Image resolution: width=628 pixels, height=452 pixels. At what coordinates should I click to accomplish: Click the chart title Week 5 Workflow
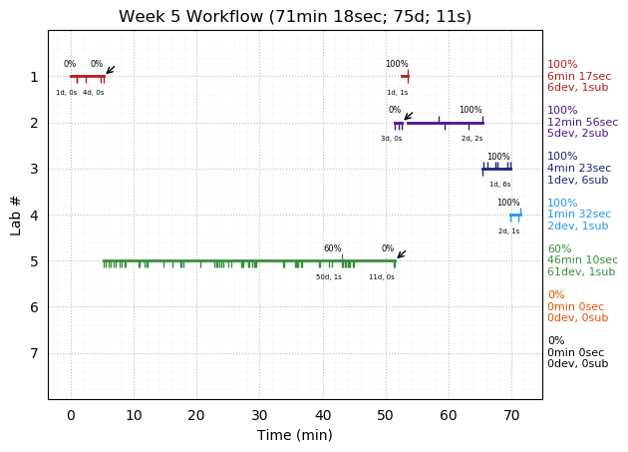tap(295, 16)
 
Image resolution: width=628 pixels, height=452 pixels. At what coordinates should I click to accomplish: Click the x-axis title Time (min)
tap(295, 435)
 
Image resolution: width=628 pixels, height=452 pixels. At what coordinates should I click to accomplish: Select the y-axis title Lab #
tap(16, 215)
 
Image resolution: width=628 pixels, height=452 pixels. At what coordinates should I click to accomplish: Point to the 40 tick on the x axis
tap(322, 399)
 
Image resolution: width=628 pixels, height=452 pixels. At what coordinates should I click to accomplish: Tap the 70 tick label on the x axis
tap(511, 415)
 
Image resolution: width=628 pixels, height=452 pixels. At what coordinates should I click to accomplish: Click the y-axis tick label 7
tap(34, 353)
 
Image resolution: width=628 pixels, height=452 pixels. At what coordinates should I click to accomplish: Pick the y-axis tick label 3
tap(34, 169)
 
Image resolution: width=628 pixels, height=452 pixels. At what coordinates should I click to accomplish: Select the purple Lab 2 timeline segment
tap(445, 123)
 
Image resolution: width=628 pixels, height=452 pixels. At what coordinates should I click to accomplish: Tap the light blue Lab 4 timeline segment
tap(514, 215)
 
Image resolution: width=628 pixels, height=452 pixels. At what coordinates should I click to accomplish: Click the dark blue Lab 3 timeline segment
tap(496, 169)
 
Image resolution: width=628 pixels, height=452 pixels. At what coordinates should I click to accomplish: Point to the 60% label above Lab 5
tap(332, 248)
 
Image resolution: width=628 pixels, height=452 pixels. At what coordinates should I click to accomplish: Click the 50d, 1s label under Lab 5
tap(329, 277)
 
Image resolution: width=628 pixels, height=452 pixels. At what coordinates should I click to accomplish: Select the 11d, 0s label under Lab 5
tap(382, 277)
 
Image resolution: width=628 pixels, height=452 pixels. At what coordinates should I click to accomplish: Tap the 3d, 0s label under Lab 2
tap(391, 139)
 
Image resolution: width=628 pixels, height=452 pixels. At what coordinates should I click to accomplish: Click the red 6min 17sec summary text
tap(579, 76)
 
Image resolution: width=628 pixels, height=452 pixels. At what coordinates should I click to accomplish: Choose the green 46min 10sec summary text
tap(582, 260)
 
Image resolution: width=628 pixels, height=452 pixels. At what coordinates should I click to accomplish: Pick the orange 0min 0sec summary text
tap(575, 306)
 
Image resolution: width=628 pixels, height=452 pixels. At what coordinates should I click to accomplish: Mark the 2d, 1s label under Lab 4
tap(508, 230)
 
